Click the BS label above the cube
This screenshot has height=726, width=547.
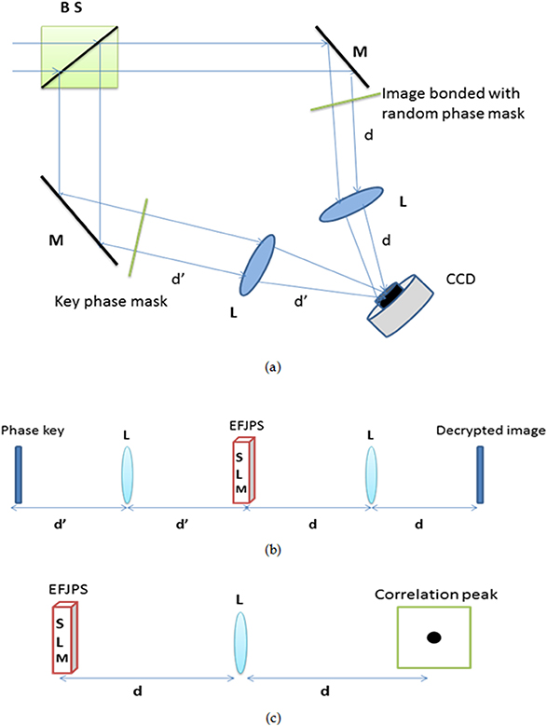point(72,10)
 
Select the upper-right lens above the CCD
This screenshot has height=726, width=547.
point(351,204)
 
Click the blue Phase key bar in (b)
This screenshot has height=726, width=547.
point(18,475)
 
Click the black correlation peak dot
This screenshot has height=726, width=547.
point(433,637)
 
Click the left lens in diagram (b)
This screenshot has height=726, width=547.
point(127,475)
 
